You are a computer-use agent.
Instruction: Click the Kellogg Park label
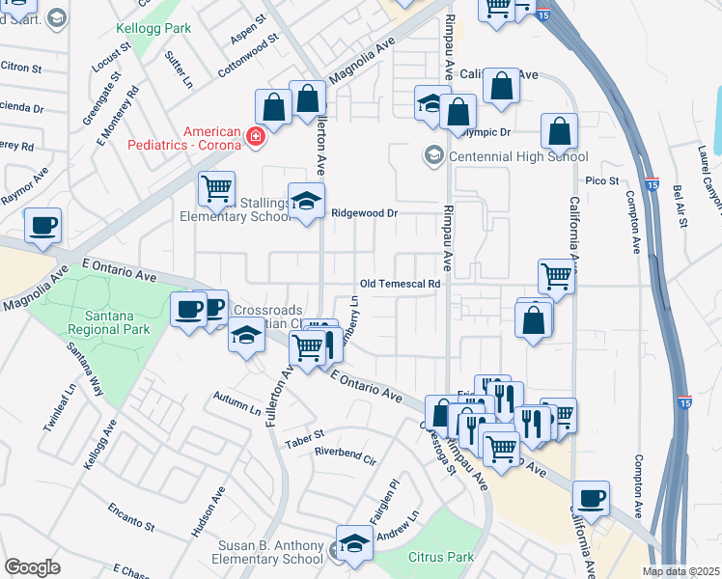pos(153,28)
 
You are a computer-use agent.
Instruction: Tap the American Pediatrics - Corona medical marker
pos(256,139)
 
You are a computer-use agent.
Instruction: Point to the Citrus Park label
pos(441,557)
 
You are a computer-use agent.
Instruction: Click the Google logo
pos(32,567)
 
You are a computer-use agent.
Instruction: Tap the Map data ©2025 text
pos(680,571)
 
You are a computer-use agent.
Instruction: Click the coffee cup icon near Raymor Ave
pos(43,227)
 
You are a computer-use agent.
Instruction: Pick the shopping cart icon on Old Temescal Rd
pos(556,276)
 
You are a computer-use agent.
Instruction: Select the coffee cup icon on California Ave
pos(591,499)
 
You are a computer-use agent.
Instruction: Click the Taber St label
pos(304,443)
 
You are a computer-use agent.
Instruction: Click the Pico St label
pos(601,180)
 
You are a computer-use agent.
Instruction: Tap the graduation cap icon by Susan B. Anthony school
pos(354,542)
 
